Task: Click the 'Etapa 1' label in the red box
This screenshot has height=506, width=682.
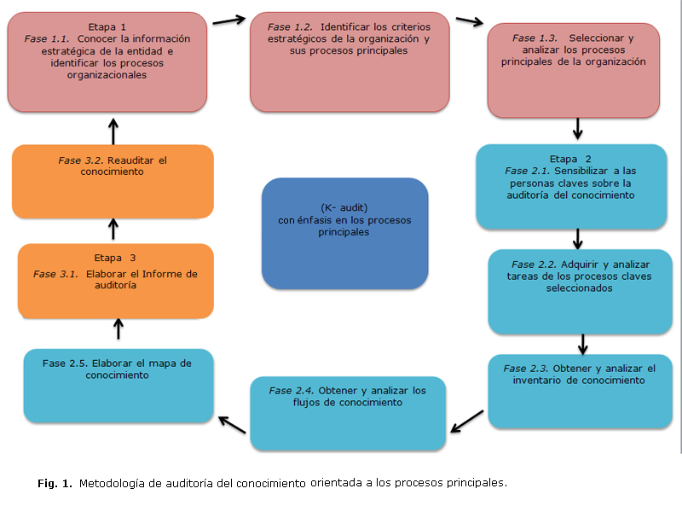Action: (x=107, y=26)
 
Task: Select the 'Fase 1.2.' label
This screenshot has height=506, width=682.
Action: (x=290, y=26)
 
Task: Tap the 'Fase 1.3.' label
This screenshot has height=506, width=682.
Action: (x=535, y=38)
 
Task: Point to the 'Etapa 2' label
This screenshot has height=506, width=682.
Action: (x=570, y=159)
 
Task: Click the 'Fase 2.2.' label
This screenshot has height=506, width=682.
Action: (x=534, y=265)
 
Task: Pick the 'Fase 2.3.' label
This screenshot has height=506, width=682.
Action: (x=527, y=369)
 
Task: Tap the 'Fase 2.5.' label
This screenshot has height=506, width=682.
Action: (x=65, y=363)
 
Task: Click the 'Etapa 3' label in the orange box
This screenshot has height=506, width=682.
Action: (x=115, y=258)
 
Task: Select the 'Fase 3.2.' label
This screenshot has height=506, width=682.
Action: (x=80, y=160)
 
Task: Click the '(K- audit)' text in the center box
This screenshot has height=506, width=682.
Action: (x=344, y=208)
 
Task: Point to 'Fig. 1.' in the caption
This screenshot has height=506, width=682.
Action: (x=55, y=484)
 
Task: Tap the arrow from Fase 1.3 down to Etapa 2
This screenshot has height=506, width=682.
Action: (x=578, y=129)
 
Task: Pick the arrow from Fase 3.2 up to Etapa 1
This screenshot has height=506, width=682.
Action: (x=113, y=131)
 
